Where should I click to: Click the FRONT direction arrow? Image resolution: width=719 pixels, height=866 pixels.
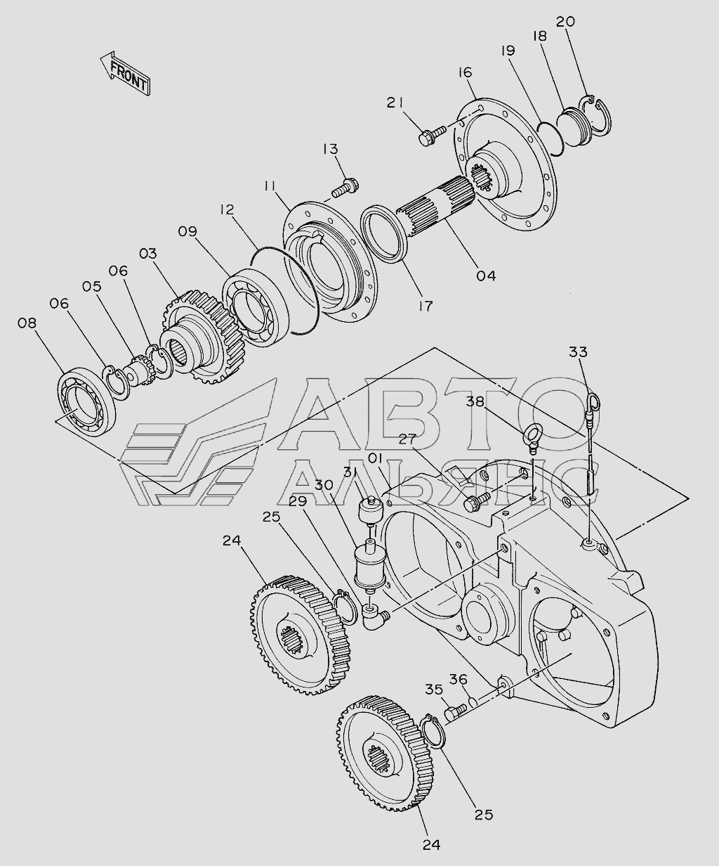click(x=125, y=73)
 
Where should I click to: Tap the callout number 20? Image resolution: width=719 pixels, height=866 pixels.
click(x=565, y=22)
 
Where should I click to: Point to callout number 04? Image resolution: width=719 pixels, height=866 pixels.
click(x=486, y=276)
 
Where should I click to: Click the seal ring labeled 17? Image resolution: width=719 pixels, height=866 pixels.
click(x=384, y=233)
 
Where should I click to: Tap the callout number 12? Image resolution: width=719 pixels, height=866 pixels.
click(x=227, y=210)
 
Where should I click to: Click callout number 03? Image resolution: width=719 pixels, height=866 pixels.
click(x=148, y=254)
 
